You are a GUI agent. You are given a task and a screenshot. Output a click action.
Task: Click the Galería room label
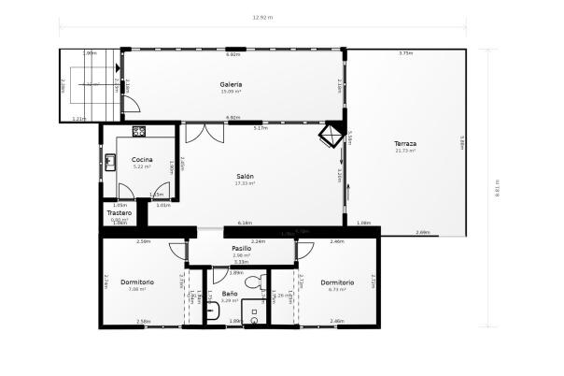pos(231,84)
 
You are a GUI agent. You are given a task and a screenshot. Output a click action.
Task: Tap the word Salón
pos(245,176)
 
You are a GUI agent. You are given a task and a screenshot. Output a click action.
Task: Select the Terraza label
pos(404,143)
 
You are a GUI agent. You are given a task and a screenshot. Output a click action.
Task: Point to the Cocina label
pos(142,159)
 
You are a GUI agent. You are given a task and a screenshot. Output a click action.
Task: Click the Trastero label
pos(119,213)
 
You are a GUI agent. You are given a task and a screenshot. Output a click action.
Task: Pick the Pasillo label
pos(241,249)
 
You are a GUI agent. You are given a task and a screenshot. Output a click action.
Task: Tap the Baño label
pos(229,294)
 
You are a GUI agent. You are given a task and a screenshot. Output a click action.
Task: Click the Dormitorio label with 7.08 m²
pos(137,282)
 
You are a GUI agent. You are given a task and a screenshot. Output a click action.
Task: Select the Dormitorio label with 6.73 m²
pos(336,282)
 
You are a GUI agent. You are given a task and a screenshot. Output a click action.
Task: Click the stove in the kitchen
pos(138,132)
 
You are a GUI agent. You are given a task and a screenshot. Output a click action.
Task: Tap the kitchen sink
pos(110,162)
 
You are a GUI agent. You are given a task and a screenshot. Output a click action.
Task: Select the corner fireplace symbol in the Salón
pos(330,136)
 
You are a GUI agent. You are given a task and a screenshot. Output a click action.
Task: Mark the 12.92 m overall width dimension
pos(262,18)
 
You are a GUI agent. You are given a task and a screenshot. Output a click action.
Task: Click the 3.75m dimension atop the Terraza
pos(404,54)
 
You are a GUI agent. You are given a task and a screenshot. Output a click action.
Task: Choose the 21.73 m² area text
pos(404,151)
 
